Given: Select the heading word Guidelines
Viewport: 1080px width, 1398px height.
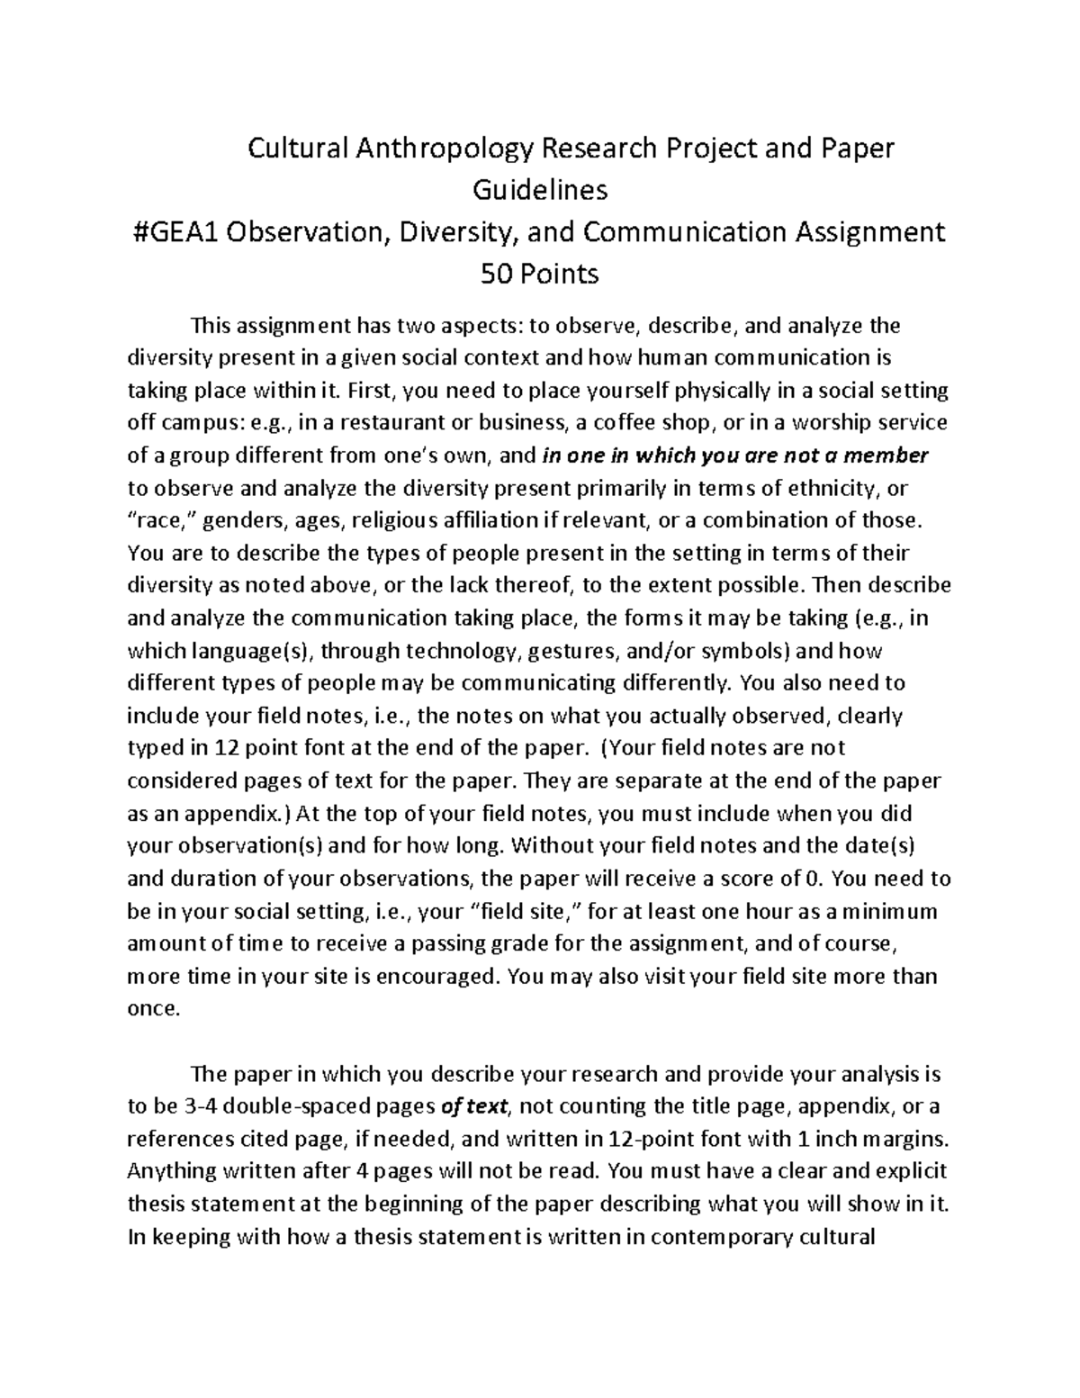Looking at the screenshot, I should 540,190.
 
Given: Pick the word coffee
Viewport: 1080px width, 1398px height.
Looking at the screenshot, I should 622,423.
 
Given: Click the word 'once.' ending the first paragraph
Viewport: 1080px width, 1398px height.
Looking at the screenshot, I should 154,1009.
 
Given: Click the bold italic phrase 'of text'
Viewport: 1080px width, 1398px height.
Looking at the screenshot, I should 475,1106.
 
